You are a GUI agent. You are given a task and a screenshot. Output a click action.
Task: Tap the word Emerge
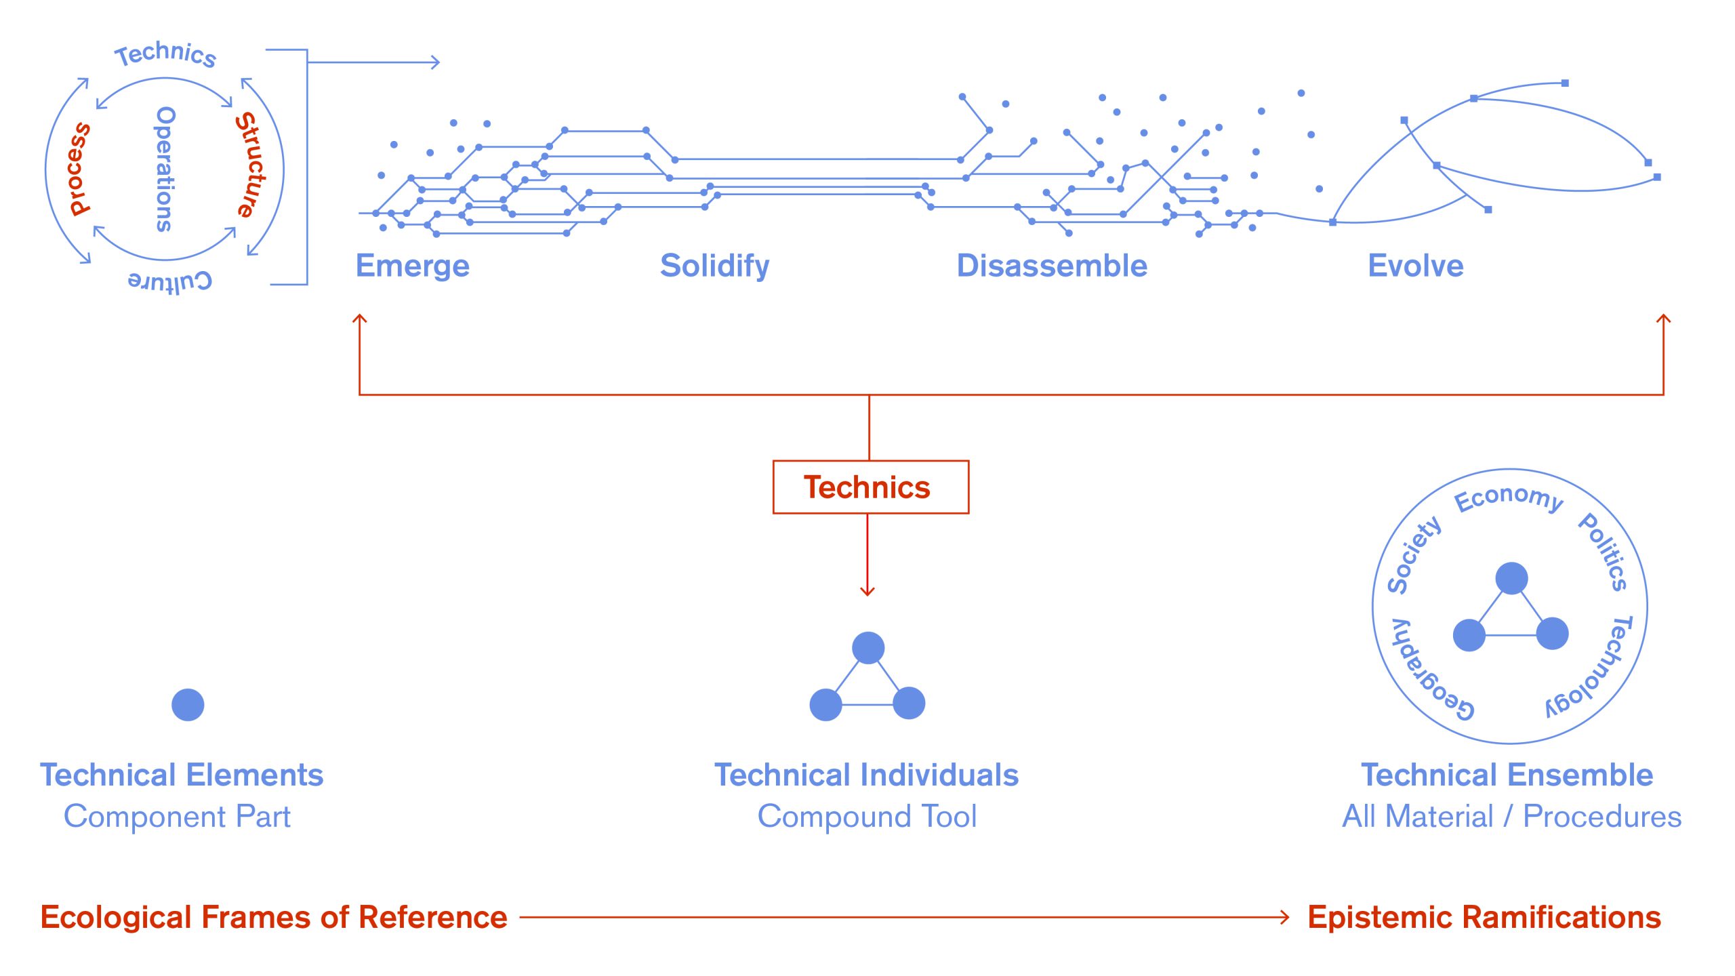[x=412, y=266]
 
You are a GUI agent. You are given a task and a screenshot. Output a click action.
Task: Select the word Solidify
[x=714, y=266]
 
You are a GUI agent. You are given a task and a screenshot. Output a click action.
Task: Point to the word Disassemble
[x=1052, y=266]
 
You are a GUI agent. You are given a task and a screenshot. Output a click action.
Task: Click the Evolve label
[x=1415, y=266]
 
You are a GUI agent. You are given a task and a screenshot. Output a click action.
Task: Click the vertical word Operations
[x=165, y=169]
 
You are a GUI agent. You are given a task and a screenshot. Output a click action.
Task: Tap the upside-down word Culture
[x=170, y=281]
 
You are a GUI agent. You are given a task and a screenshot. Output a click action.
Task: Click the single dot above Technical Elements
[x=188, y=705]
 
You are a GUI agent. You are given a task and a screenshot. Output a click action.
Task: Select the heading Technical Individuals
[x=866, y=775]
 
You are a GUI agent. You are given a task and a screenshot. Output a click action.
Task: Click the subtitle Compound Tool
[x=867, y=816]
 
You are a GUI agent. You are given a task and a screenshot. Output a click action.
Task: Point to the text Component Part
[x=177, y=816]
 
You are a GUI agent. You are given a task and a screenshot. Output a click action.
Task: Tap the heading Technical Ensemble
[x=1507, y=775]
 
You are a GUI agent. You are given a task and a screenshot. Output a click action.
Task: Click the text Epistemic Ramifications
[x=1484, y=917]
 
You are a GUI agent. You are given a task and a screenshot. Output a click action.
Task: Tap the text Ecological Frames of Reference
[x=274, y=917]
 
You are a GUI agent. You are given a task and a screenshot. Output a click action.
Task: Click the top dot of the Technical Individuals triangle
[x=867, y=647]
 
